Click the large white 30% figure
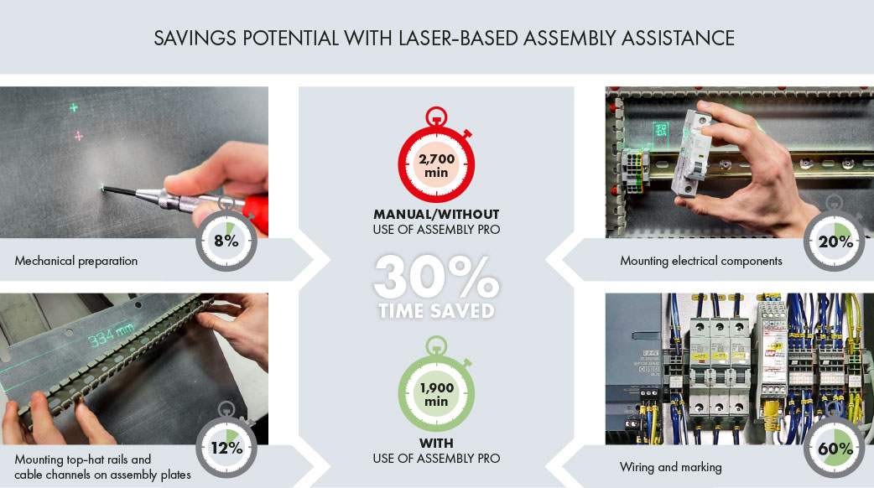(436, 277)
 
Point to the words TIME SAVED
(436, 311)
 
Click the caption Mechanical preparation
(75, 261)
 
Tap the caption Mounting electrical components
(700, 261)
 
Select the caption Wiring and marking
(670, 467)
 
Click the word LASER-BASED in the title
(458, 38)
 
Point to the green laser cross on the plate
(74, 107)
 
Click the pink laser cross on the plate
(79, 135)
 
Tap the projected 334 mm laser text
(111, 335)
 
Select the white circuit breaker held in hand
(691, 153)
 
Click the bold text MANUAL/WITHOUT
(436, 215)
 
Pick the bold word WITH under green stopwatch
(436, 444)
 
